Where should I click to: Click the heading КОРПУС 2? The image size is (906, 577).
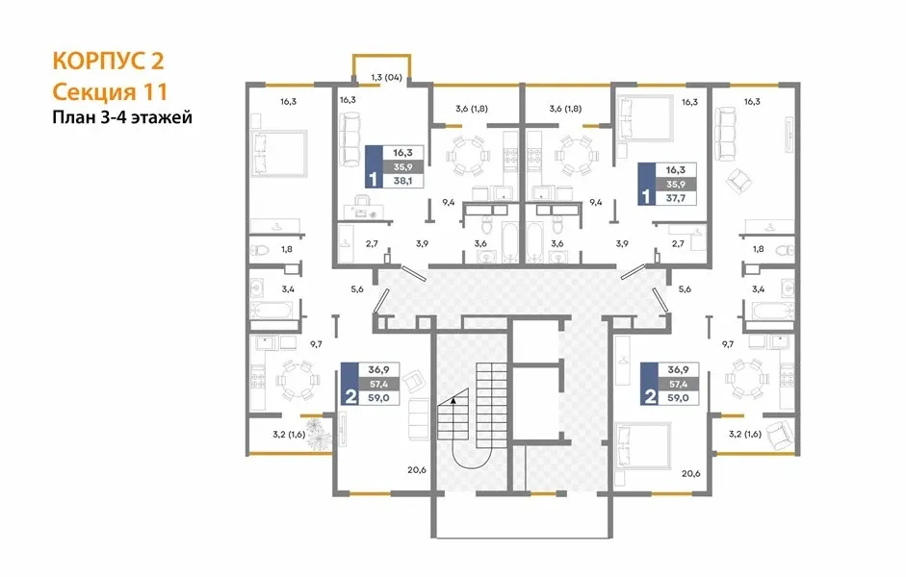point(109,61)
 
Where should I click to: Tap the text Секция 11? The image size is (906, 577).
point(110,91)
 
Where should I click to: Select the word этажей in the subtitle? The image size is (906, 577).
point(162,117)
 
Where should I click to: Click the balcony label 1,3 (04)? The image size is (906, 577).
point(386,77)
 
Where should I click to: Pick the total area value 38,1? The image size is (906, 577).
point(402,181)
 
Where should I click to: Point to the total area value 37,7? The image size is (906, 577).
point(676,198)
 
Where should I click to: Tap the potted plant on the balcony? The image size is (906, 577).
point(317,434)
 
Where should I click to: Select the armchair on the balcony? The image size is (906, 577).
point(780,435)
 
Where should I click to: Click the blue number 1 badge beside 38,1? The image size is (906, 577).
point(374,166)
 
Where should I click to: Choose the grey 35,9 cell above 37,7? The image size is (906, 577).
point(676,184)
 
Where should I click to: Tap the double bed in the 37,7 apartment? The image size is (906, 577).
point(644,118)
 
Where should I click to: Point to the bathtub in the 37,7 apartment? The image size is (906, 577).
point(535,242)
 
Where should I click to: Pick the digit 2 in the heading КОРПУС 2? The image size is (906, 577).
point(157,61)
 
